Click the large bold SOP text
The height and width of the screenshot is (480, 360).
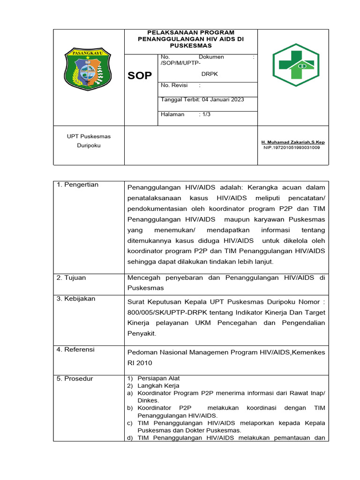[140, 76]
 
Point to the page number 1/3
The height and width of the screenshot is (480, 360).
[205, 114]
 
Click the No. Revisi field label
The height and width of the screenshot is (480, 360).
[174, 85]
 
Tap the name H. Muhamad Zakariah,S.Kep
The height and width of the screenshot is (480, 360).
[292, 142]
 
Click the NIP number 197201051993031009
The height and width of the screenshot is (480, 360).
[292, 147]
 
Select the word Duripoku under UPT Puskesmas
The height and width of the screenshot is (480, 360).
[89, 145]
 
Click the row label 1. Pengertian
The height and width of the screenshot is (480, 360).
[77, 185]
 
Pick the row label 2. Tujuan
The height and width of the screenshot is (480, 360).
[71, 277]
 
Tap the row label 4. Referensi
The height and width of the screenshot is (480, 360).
[75, 350]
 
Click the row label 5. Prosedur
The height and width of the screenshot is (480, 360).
[75, 378]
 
